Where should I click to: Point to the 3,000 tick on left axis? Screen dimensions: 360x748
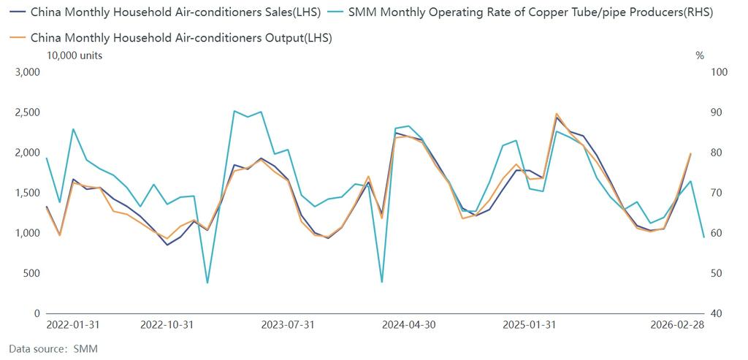[x=26, y=72]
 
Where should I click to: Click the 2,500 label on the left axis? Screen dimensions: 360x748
[x=26, y=112]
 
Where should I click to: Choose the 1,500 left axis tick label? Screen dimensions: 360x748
[x=26, y=193]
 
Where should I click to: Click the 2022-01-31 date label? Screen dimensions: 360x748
[x=73, y=324]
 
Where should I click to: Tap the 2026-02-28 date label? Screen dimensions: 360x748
[x=679, y=324]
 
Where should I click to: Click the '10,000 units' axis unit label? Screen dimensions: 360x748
[x=74, y=55]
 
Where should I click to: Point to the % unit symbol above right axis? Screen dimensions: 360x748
[x=699, y=55]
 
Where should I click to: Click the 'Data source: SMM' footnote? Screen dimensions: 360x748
[x=53, y=349]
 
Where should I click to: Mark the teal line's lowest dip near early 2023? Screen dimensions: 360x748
[x=207, y=283]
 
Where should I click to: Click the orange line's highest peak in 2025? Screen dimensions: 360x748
[x=557, y=114]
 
